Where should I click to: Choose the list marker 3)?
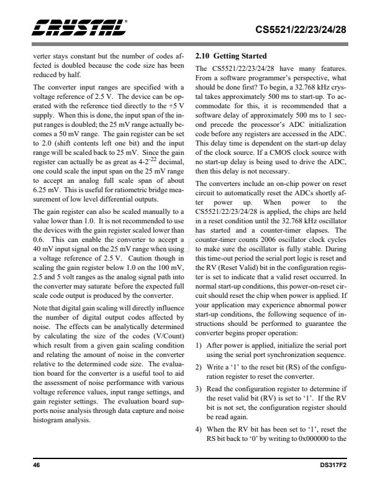coord(199,390)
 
